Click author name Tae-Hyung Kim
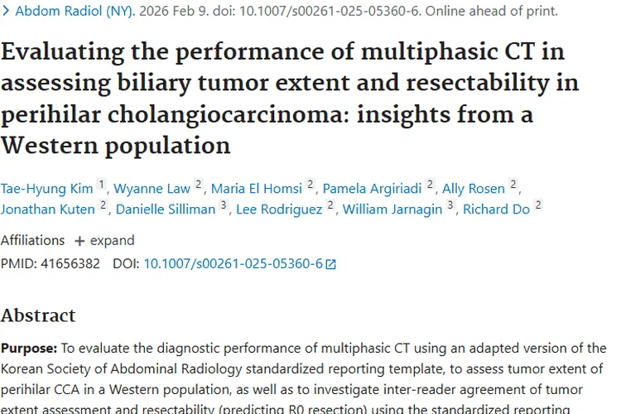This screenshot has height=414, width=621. (46, 188)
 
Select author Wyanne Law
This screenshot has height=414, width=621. (152, 188)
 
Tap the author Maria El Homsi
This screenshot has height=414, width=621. (256, 188)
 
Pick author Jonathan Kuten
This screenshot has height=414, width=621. (48, 209)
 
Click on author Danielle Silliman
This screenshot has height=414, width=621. (166, 209)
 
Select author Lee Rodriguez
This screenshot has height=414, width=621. (278, 209)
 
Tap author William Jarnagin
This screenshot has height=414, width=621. (392, 209)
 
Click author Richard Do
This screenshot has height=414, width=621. (496, 209)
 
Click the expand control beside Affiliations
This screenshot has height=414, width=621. (104, 240)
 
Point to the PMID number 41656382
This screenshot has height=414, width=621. (70, 264)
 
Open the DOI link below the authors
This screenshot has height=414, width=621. (233, 264)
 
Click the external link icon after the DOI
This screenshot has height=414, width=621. (331, 265)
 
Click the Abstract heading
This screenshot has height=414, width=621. (38, 315)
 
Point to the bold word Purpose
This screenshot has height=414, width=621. (27, 349)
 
